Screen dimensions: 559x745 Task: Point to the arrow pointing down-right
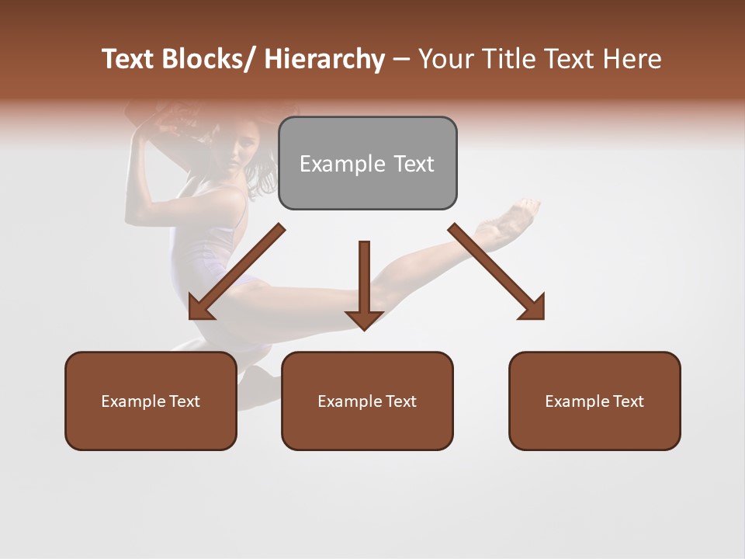coord(497,273)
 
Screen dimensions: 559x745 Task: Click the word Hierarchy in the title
coord(324,60)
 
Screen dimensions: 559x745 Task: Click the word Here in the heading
coord(633,60)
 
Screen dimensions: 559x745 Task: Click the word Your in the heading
coord(445,60)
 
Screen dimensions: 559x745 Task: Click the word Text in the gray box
coord(414,164)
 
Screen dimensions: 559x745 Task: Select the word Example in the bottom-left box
coord(133,401)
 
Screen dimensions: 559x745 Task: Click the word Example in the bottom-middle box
coord(350,401)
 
